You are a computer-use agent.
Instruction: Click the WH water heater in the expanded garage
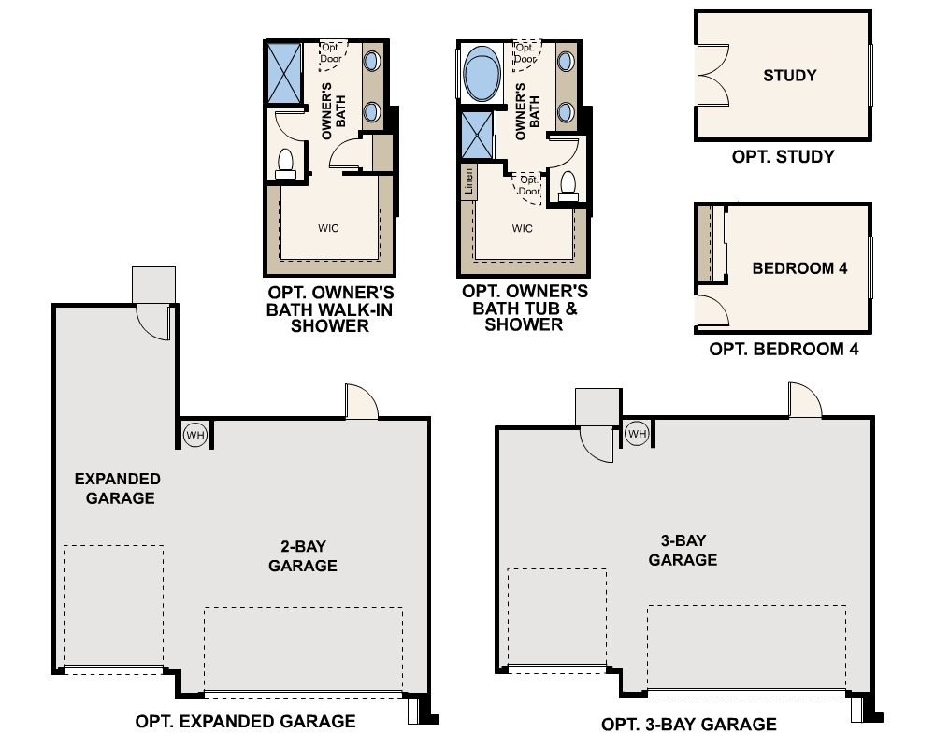[194, 434]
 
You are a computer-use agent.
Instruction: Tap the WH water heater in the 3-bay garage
[636, 434]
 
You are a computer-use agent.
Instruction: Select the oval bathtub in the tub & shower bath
[482, 75]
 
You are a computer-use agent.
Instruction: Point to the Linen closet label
[468, 180]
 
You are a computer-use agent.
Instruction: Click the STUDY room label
[789, 76]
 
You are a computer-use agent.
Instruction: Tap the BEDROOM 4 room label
[799, 268]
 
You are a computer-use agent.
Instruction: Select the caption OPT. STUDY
[783, 156]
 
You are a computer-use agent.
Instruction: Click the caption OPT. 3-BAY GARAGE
[688, 725]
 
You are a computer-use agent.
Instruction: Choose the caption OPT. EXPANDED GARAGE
[245, 721]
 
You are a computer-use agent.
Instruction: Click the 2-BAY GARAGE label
[302, 556]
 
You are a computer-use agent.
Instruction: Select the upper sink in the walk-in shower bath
[370, 62]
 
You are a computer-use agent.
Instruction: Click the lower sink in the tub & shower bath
[566, 112]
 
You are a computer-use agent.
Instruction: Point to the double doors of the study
[715, 75]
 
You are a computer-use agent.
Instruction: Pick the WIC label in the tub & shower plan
[522, 228]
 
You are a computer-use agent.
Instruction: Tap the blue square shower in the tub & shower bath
[478, 137]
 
